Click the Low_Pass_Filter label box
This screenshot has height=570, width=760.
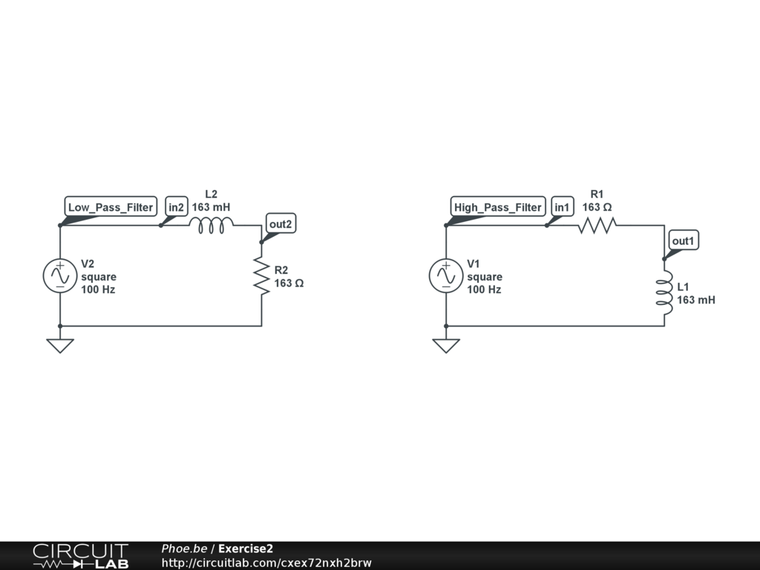click(111, 207)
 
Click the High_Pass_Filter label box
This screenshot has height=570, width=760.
click(498, 207)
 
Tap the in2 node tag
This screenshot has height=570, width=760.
click(176, 207)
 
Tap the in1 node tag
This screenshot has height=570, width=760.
click(562, 207)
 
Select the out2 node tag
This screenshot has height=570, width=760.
click(281, 223)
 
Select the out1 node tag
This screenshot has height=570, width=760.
click(684, 240)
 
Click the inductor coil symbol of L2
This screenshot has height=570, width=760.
click(212, 224)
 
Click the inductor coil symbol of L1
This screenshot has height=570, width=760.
click(664, 292)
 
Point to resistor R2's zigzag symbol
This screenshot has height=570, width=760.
click(261, 276)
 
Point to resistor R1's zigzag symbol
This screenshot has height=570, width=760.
click(597, 224)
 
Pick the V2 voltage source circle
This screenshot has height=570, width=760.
click(59, 276)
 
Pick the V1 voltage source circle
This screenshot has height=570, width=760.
click(445, 276)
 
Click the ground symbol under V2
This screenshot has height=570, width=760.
click(59, 345)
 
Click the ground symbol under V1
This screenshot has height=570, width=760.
click(445, 345)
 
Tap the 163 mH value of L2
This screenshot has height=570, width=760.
click(212, 207)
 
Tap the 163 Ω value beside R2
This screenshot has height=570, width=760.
click(289, 283)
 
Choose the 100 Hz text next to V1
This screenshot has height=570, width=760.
click(484, 289)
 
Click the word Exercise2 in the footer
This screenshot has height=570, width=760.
click(246, 548)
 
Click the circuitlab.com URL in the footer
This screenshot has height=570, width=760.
click(266, 563)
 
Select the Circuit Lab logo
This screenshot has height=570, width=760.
click(80, 555)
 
